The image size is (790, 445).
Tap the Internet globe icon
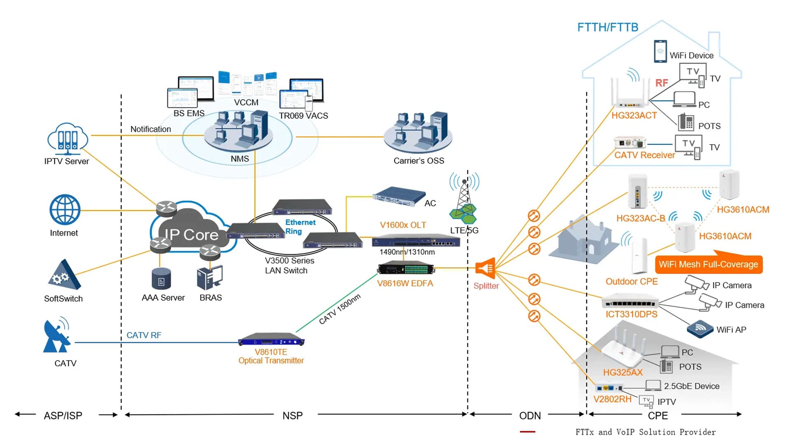coord(65,210)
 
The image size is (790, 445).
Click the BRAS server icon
coord(210,277)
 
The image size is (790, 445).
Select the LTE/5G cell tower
coord(464,198)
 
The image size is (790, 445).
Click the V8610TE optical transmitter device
coord(271,340)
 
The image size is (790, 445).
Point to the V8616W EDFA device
coord(406,268)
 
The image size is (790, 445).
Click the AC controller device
coord(398,196)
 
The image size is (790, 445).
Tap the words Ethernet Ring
coord(300,227)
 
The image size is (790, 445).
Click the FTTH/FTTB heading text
coord(608,27)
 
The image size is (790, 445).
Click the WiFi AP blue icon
coord(700,329)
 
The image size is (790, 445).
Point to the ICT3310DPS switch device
coord(630,301)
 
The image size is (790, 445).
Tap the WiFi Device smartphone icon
coord(660,51)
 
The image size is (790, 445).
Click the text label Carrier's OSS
coord(419,161)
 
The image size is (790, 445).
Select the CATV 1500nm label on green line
coord(340,309)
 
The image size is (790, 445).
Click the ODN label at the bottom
coord(530,416)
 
